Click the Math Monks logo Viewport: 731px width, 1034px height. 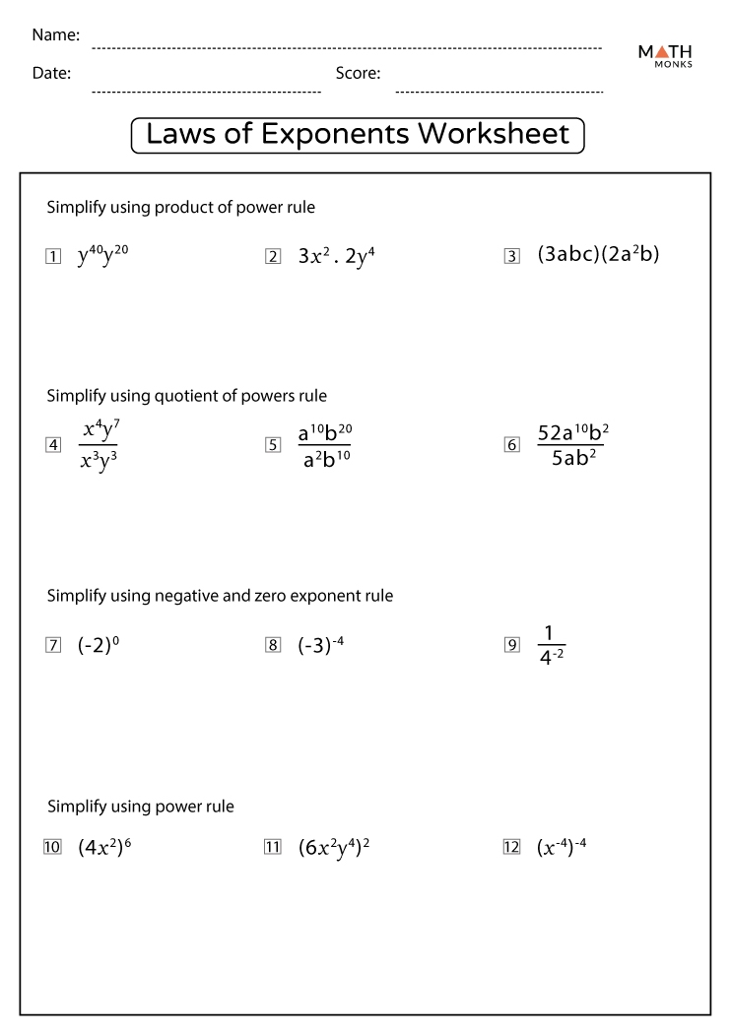[665, 55]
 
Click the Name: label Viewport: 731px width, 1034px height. [56, 35]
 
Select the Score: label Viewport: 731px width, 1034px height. [358, 73]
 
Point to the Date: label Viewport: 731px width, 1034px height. [51, 73]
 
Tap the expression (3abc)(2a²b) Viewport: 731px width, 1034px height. [598, 254]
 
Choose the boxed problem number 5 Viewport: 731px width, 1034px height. [273, 445]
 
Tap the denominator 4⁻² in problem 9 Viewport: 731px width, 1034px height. [552, 660]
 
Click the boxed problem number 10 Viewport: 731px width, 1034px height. [53, 848]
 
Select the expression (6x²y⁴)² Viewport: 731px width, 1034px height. [334, 847]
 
